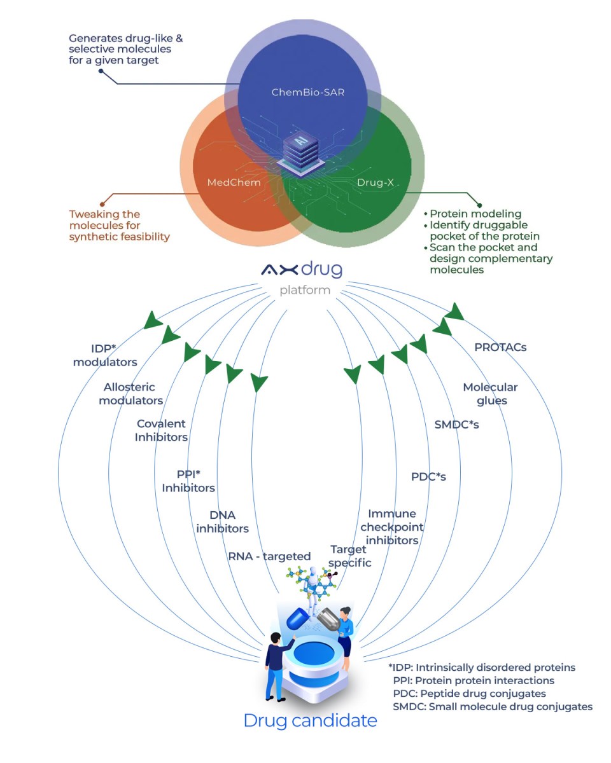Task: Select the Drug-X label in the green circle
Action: pos(374,182)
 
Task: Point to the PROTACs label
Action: pos(500,347)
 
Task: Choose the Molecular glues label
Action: pos(491,394)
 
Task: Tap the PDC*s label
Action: pos(428,476)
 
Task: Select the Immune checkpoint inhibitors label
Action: pos(391,526)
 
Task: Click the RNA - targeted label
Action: pos(269,556)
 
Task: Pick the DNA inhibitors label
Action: pos(222,521)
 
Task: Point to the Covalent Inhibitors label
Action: pos(161,430)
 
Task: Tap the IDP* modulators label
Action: pos(105,355)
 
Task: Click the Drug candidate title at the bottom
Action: pos(310,720)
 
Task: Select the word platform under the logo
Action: pos(305,291)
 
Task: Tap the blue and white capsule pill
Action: pos(298,617)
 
